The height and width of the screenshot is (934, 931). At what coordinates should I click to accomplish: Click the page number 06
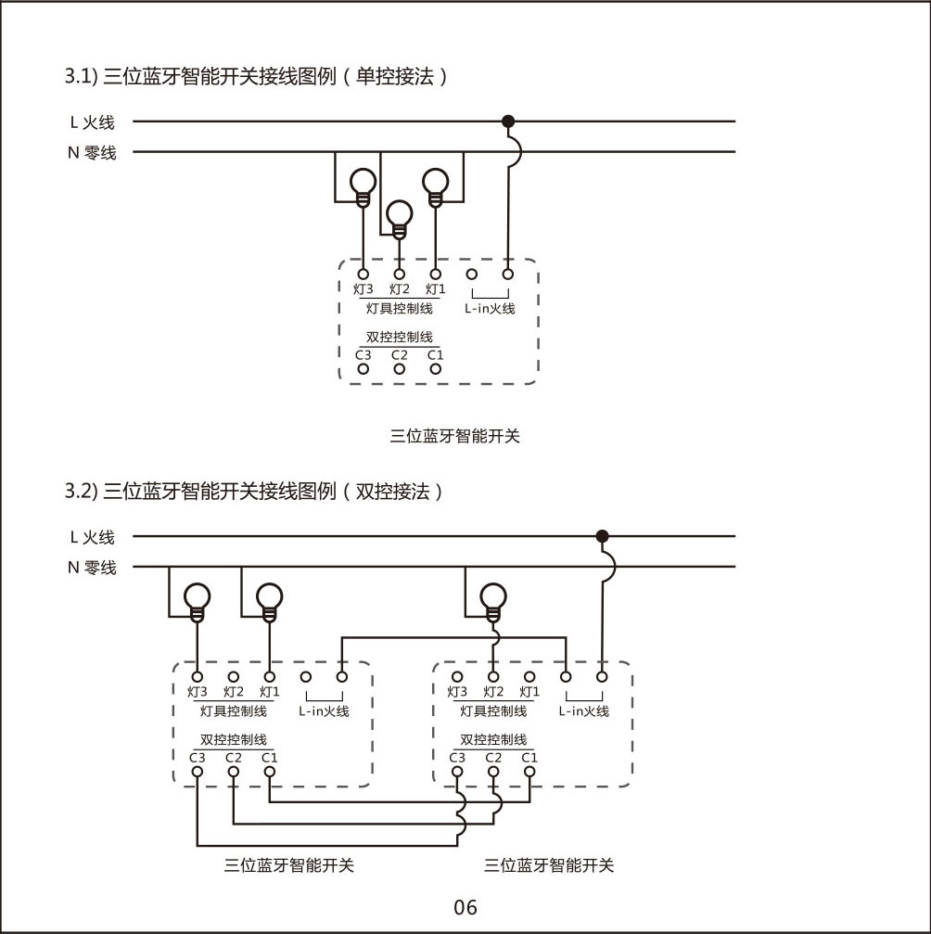tap(465, 907)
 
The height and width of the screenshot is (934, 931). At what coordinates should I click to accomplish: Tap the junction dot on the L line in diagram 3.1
tap(508, 122)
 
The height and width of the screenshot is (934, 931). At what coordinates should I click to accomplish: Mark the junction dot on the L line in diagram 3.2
tap(602, 536)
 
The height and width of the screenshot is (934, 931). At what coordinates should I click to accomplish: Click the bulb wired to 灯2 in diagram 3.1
tap(400, 216)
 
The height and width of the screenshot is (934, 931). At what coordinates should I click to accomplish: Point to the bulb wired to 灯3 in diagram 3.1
tap(363, 184)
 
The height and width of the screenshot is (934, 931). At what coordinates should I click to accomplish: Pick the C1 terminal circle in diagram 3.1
tap(436, 368)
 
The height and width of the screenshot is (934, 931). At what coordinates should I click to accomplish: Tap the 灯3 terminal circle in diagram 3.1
tap(363, 275)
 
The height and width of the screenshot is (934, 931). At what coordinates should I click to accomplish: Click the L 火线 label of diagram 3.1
tap(92, 122)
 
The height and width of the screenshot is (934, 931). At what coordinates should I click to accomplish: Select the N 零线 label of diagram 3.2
tap(92, 568)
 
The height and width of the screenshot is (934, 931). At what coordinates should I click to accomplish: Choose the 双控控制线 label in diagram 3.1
tap(400, 338)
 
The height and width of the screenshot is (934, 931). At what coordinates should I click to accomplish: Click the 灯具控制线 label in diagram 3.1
tap(400, 308)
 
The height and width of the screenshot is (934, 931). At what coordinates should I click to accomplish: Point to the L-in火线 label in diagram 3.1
tap(490, 308)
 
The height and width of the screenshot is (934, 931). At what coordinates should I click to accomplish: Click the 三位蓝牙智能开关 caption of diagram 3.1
tap(455, 436)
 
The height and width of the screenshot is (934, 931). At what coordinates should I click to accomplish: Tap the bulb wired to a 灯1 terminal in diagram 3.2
tap(269, 598)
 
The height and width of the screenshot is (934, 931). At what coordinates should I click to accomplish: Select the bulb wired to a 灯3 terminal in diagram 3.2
tap(197, 598)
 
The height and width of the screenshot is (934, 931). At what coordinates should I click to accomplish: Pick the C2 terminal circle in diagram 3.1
tap(400, 368)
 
